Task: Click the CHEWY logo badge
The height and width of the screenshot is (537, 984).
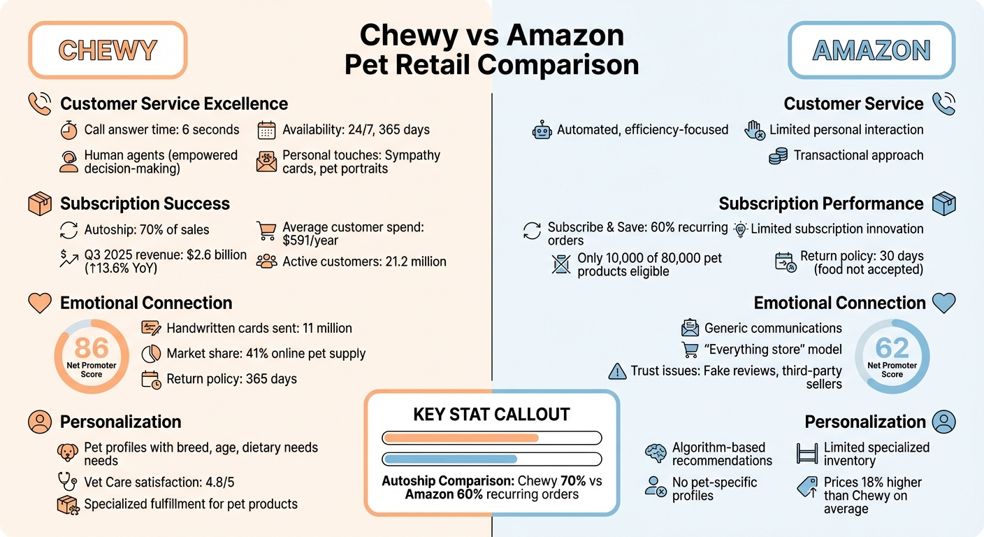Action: pyautogui.click(x=108, y=50)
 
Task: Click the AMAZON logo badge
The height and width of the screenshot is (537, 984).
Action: pyautogui.click(x=871, y=50)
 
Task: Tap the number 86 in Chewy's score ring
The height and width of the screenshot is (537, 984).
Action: pyautogui.click(x=92, y=348)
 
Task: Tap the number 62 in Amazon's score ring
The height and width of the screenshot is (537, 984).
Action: pyautogui.click(x=892, y=348)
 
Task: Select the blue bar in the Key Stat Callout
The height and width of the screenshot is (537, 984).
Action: pyautogui.click(x=450, y=459)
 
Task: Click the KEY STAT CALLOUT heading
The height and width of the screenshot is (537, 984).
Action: pyautogui.click(x=492, y=415)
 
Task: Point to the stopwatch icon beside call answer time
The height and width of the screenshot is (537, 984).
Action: pyautogui.click(x=68, y=130)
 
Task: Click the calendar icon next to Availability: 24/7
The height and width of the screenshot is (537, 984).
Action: pyautogui.click(x=267, y=130)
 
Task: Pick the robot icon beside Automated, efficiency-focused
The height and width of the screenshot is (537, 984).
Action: pyautogui.click(x=542, y=130)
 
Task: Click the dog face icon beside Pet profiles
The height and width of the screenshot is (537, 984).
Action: pyautogui.click(x=68, y=452)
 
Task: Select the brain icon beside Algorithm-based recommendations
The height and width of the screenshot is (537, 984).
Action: pyautogui.click(x=656, y=453)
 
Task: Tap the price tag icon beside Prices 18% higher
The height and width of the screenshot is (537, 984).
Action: pyautogui.click(x=807, y=488)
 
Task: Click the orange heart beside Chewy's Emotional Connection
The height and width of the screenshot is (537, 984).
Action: pyautogui.click(x=40, y=303)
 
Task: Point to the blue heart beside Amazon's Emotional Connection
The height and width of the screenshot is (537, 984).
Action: pyautogui.click(x=944, y=303)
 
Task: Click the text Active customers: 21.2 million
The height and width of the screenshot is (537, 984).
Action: pyautogui.click(x=364, y=262)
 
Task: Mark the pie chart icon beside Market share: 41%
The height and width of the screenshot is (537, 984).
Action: pyautogui.click(x=151, y=354)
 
